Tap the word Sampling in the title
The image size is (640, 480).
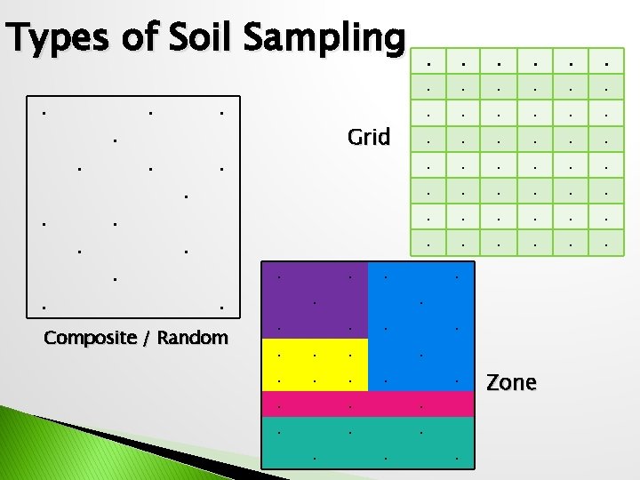(x=324, y=39)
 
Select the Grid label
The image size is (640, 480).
(x=369, y=137)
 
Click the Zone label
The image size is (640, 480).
(x=511, y=382)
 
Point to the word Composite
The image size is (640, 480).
(x=86, y=338)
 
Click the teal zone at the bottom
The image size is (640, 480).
(x=367, y=442)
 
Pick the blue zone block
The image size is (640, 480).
(x=420, y=324)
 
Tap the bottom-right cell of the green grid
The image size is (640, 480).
(x=605, y=241)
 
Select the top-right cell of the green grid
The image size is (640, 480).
(x=605, y=63)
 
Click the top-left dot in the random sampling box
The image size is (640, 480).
(x=44, y=113)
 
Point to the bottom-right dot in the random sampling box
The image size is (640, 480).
(x=221, y=308)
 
